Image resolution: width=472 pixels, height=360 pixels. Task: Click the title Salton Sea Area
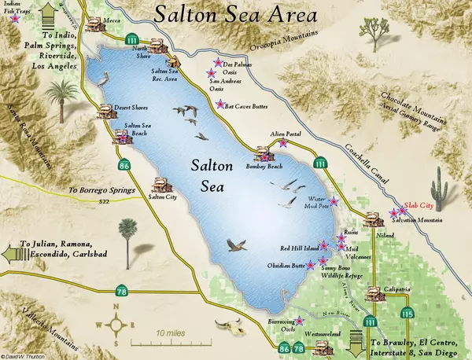237,15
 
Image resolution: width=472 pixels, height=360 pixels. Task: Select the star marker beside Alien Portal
282,144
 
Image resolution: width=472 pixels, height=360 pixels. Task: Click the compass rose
117,322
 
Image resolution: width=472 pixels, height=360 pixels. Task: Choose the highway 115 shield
407,314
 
